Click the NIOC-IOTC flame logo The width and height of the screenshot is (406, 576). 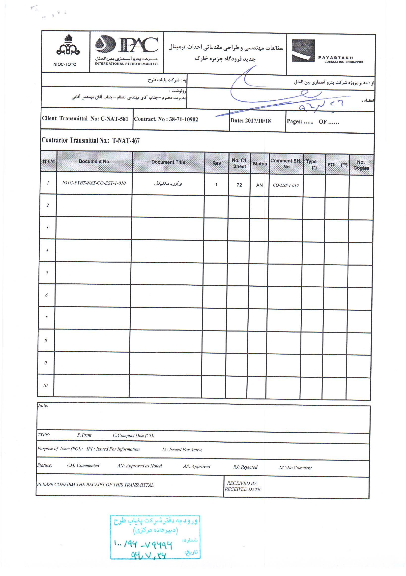68,45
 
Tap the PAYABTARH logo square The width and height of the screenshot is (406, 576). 303,50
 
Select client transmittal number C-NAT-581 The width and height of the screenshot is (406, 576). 114,119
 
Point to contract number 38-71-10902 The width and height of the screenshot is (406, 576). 184,120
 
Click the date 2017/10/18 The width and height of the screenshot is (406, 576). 258,121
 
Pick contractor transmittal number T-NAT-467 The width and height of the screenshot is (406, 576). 126,141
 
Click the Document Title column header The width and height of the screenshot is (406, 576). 168,162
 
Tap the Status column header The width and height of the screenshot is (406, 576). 260,164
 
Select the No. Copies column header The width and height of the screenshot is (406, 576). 361,165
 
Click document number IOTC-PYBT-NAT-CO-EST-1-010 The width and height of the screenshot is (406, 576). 94,183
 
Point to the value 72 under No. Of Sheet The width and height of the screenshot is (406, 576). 239,185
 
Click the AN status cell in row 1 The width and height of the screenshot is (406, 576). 259,185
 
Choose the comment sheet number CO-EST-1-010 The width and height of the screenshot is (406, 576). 286,185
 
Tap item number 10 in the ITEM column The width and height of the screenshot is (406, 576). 45,385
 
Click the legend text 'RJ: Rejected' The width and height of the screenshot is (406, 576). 245,467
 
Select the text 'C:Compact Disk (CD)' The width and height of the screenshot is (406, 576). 133,435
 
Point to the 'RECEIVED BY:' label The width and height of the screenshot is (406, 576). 242,483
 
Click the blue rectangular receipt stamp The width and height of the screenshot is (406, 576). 155,537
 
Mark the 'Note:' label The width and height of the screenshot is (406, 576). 43,405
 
